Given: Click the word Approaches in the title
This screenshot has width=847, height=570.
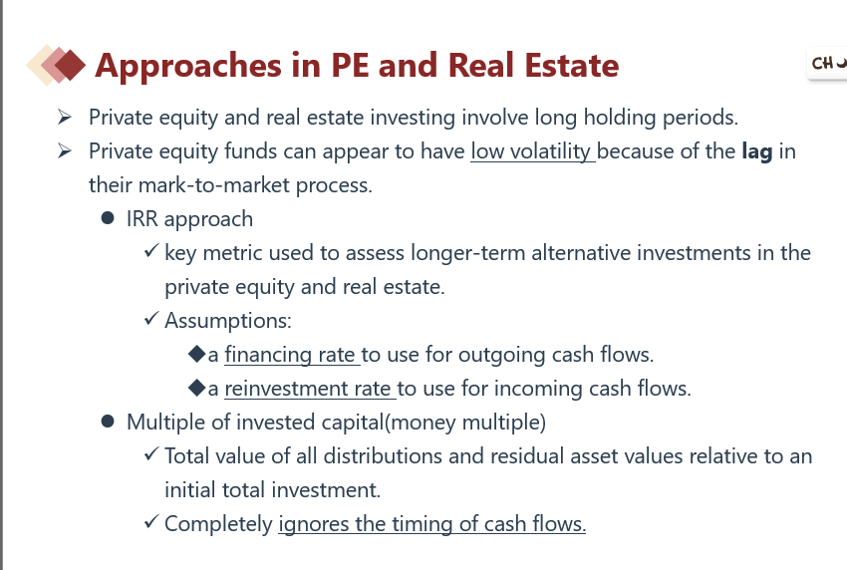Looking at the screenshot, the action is click(x=188, y=67).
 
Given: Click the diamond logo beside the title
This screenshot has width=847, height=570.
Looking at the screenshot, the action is click(x=56, y=65).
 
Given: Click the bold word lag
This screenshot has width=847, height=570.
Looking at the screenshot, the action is click(x=756, y=151).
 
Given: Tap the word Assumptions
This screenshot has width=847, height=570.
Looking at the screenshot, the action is click(x=228, y=321).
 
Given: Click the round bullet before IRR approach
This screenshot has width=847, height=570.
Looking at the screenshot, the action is click(x=108, y=218).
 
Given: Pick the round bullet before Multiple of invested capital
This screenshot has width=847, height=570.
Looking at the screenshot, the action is click(x=108, y=422).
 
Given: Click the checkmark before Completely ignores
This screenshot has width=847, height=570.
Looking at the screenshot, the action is click(x=151, y=521).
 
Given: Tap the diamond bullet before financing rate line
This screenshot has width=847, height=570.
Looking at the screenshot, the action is click(x=196, y=354).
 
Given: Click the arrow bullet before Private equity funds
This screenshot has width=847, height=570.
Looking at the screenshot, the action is click(x=65, y=150).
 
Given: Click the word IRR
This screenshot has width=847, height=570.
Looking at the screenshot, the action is click(x=142, y=219).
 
